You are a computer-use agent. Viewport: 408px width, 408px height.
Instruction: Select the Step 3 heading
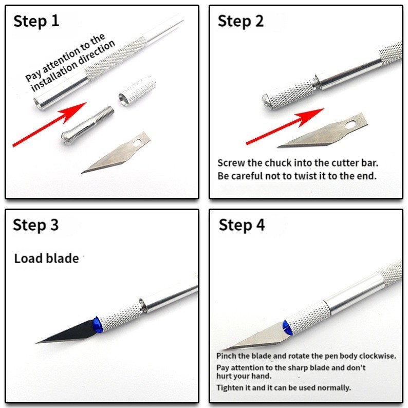click(36, 225)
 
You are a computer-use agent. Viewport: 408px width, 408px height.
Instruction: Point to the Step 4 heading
click(242, 225)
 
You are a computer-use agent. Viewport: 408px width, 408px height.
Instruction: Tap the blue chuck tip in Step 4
click(286, 327)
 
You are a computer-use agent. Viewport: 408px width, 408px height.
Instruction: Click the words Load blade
click(46, 258)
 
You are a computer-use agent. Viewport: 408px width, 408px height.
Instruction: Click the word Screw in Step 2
click(229, 163)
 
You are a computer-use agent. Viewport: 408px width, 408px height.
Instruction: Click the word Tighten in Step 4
click(229, 387)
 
